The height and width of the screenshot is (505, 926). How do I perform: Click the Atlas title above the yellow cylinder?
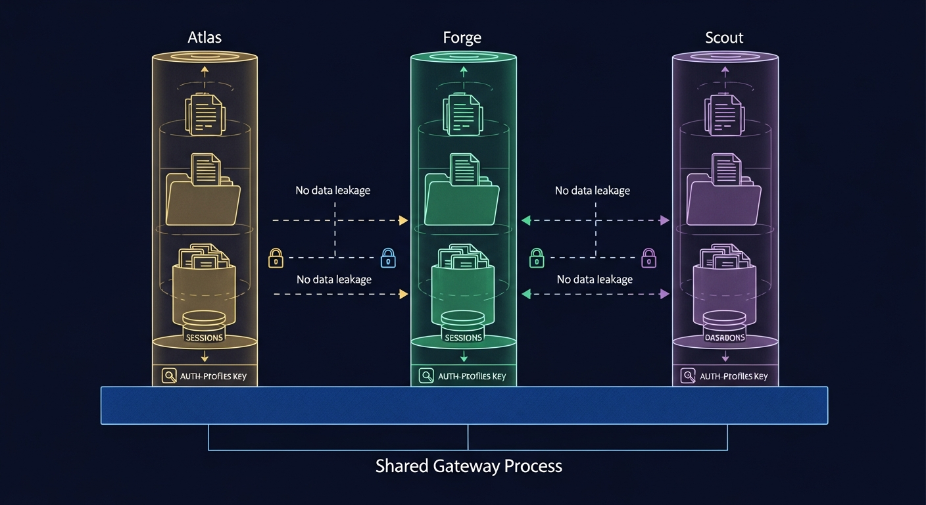click(x=205, y=37)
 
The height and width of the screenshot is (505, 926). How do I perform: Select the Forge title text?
click(x=462, y=37)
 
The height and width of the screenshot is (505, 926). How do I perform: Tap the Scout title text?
click(x=724, y=37)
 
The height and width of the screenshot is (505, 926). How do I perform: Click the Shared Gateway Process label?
click(x=468, y=466)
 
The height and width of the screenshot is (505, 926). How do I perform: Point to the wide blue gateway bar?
click(x=464, y=405)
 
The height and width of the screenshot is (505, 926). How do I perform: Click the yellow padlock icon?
click(x=276, y=258)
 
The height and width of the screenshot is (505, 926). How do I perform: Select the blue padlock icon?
click(x=389, y=258)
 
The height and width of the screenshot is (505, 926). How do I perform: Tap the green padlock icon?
click(x=537, y=258)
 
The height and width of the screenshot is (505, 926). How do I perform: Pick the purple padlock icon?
click(x=648, y=258)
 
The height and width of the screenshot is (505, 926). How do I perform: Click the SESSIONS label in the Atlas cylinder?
click(x=205, y=337)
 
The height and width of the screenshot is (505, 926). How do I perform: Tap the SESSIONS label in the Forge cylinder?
click(x=463, y=337)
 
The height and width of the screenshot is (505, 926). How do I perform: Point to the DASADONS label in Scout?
click(x=724, y=337)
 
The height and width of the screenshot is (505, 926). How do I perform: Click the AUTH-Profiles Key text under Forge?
click(x=472, y=376)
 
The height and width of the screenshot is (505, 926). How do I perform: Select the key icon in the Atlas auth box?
click(x=169, y=376)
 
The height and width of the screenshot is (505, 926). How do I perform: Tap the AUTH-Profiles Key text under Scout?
click(x=733, y=376)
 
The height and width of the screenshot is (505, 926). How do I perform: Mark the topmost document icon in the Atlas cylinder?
click(x=205, y=113)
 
